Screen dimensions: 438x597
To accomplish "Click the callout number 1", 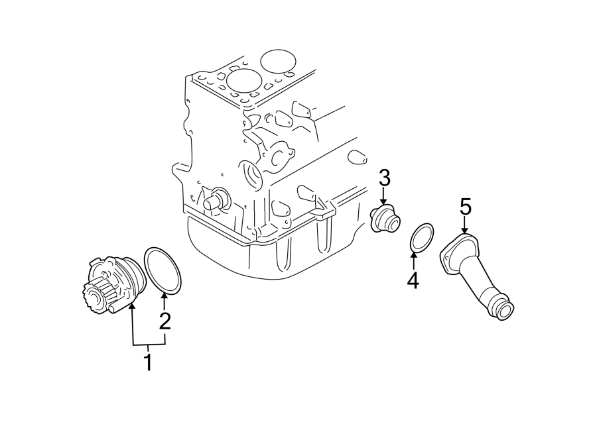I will click(148, 362).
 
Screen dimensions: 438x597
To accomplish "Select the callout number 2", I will click(165, 322).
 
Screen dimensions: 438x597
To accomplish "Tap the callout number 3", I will click(385, 178).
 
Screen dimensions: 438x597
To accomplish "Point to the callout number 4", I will click(413, 281).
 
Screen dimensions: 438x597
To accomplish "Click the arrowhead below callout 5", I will click(465, 229).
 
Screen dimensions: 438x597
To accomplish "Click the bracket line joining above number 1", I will click(148, 346).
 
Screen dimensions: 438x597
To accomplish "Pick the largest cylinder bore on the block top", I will click(278, 61).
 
